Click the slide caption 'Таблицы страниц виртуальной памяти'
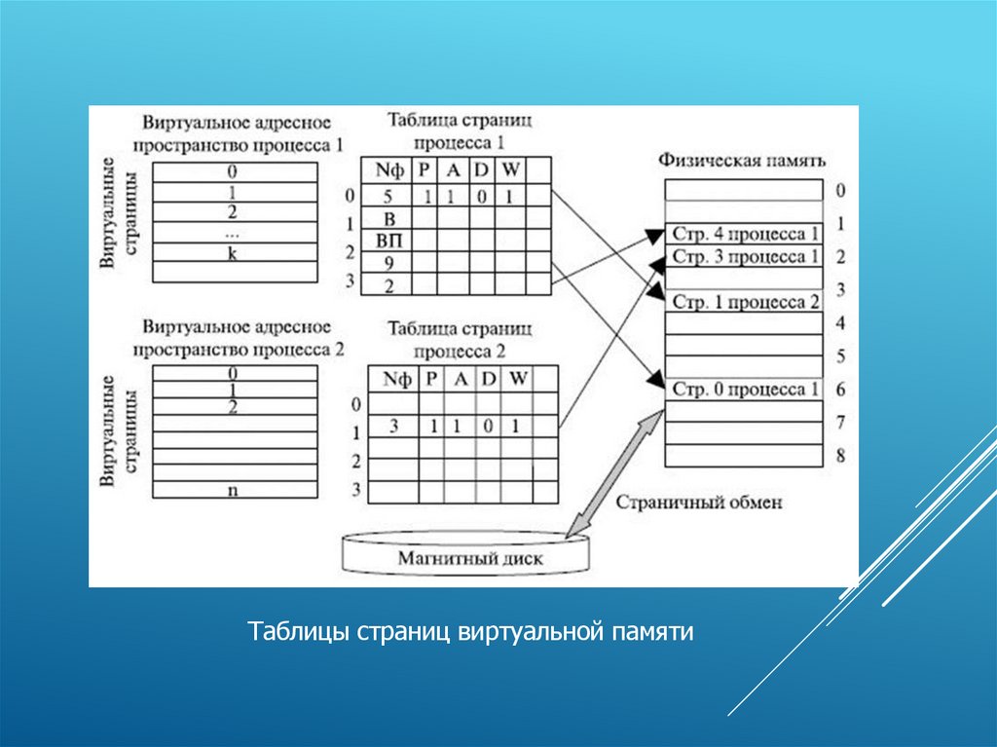pyautogui.click(x=470, y=633)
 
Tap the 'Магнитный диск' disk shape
pyautogui.click(x=469, y=558)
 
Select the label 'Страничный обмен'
pyautogui.click(x=698, y=504)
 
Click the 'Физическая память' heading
pyautogui.click(x=742, y=160)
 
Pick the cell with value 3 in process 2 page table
pyautogui.click(x=394, y=426)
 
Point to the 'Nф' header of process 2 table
pyautogui.click(x=394, y=379)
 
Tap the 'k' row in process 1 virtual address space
pyautogui.click(x=233, y=252)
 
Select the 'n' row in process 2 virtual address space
pyautogui.click(x=233, y=490)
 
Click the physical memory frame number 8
pyautogui.click(x=839, y=455)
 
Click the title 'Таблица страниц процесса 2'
pyautogui.click(x=460, y=338)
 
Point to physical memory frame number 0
pyautogui.click(x=839, y=191)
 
